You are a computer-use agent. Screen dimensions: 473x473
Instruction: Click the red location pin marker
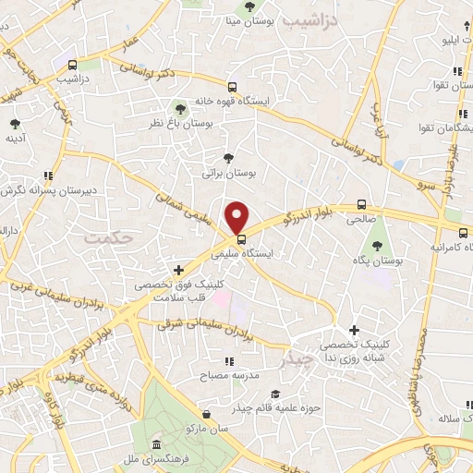[x=238, y=216]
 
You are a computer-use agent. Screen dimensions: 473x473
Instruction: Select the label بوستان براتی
[x=227, y=173]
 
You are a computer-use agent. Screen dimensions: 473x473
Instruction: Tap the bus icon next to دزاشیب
[x=72, y=66]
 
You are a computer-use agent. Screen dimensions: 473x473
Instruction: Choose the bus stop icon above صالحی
[x=361, y=206]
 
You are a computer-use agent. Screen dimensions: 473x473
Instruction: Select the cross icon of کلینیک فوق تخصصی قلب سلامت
[x=165, y=272]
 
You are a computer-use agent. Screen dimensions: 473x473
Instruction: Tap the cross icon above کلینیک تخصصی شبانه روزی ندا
[x=355, y=330]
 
